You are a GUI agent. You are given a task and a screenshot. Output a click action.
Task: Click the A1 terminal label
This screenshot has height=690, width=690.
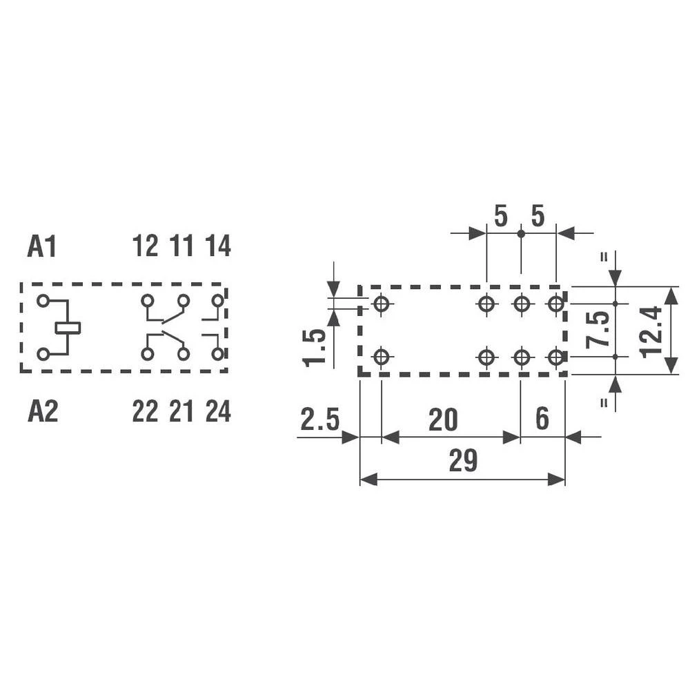pyautogui.click(x=42, y=246)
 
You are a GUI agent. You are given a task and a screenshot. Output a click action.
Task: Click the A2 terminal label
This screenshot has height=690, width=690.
pyautogui.click(x=43, y=411)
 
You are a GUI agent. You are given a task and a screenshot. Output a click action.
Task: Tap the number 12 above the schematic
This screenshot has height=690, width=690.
pyautogui.click(x=145, y=246)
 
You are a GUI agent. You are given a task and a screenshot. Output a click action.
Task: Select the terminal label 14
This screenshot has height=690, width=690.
pyautogui.click(x=218, y=246)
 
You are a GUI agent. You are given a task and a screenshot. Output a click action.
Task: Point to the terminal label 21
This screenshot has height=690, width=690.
pyautogui.click(x=181, y=411)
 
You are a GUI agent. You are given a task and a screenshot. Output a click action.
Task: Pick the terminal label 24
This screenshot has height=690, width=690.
pyautogui.click(x=218, y=411)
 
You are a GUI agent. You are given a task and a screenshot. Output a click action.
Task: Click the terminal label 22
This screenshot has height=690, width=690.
pyautogui.click(x=145, y=411)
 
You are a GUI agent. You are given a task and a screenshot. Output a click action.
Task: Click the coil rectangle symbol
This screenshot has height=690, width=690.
pyautogui.click(x=68, y=328)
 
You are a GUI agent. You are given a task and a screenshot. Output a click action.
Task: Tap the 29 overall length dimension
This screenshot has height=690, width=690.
pyautogui.click(x=464, y=461)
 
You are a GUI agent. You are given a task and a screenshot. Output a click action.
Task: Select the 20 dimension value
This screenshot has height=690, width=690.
pyautogui.click(x=443, y=420)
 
